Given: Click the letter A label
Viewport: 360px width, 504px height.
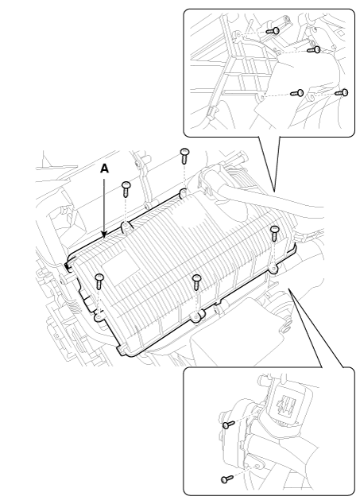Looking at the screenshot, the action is pos(104,169).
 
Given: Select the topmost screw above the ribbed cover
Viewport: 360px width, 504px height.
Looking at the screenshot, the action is pos(184,156).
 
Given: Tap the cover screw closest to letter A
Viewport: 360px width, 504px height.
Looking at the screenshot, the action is pos(126,188).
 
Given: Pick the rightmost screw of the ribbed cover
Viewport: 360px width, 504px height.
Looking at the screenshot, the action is pos(274,233).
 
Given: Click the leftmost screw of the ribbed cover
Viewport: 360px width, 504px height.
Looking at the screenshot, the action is pos(99,281).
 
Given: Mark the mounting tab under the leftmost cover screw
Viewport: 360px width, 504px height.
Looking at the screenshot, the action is pos(99,317).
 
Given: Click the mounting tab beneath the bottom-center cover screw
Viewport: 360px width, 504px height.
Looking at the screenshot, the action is pos(196,317).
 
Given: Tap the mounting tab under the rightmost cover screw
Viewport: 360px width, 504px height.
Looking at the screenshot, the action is pos(273,268).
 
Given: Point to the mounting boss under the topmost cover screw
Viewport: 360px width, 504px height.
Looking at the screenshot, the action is pos(183,193).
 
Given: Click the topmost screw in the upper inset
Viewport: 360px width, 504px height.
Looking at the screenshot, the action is pos(273,31).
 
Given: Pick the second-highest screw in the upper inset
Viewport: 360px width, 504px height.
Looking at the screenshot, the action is pos(314,49).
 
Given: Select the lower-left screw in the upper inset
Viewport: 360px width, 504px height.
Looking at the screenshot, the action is pos(297,93).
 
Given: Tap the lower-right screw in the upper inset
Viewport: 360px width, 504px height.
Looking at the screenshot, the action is pos(342,92).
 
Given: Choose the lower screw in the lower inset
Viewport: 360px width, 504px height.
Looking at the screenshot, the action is pos(227,479).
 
